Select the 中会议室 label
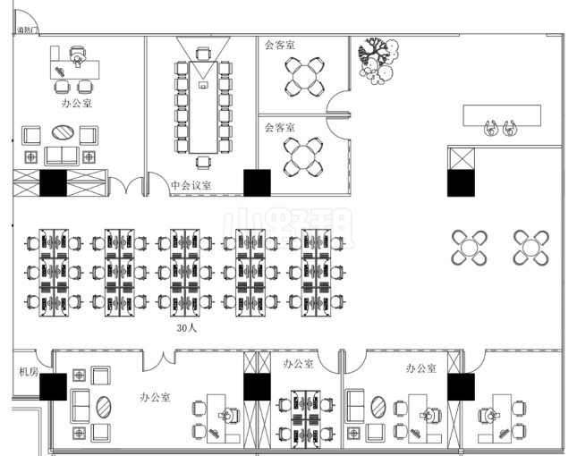(191, 186)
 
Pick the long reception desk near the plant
(501, 114)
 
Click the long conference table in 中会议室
(204, 106)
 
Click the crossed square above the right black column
(463, 157)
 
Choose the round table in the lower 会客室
(305, 156)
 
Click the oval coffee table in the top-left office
(63, 131)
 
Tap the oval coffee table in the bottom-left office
(104, 407)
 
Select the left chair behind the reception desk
(491, 128)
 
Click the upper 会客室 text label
(279, 43)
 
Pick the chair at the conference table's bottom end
(204, 161)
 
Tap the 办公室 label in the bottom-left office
(156, 396)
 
